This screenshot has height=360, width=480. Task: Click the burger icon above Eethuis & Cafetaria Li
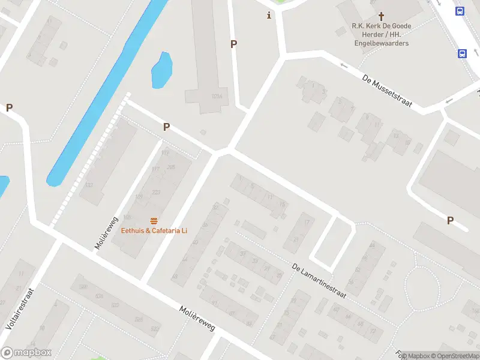tap(154, 220)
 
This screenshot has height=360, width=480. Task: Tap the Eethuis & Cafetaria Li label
tap(154, 230)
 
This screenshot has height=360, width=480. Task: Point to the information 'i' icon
tap(269, 16)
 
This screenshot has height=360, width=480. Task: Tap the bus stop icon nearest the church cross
tap(460, 11)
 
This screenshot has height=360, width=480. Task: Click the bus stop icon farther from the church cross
tap(463, 53)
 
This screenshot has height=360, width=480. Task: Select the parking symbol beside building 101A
tap(234, 44)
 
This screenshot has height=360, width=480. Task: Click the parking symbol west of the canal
tap(9, 108)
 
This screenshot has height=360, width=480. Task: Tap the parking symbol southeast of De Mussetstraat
tap(450, 221)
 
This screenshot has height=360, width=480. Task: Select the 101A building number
tap(217, 96)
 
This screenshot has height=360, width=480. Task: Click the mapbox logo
tap(26, 353)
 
